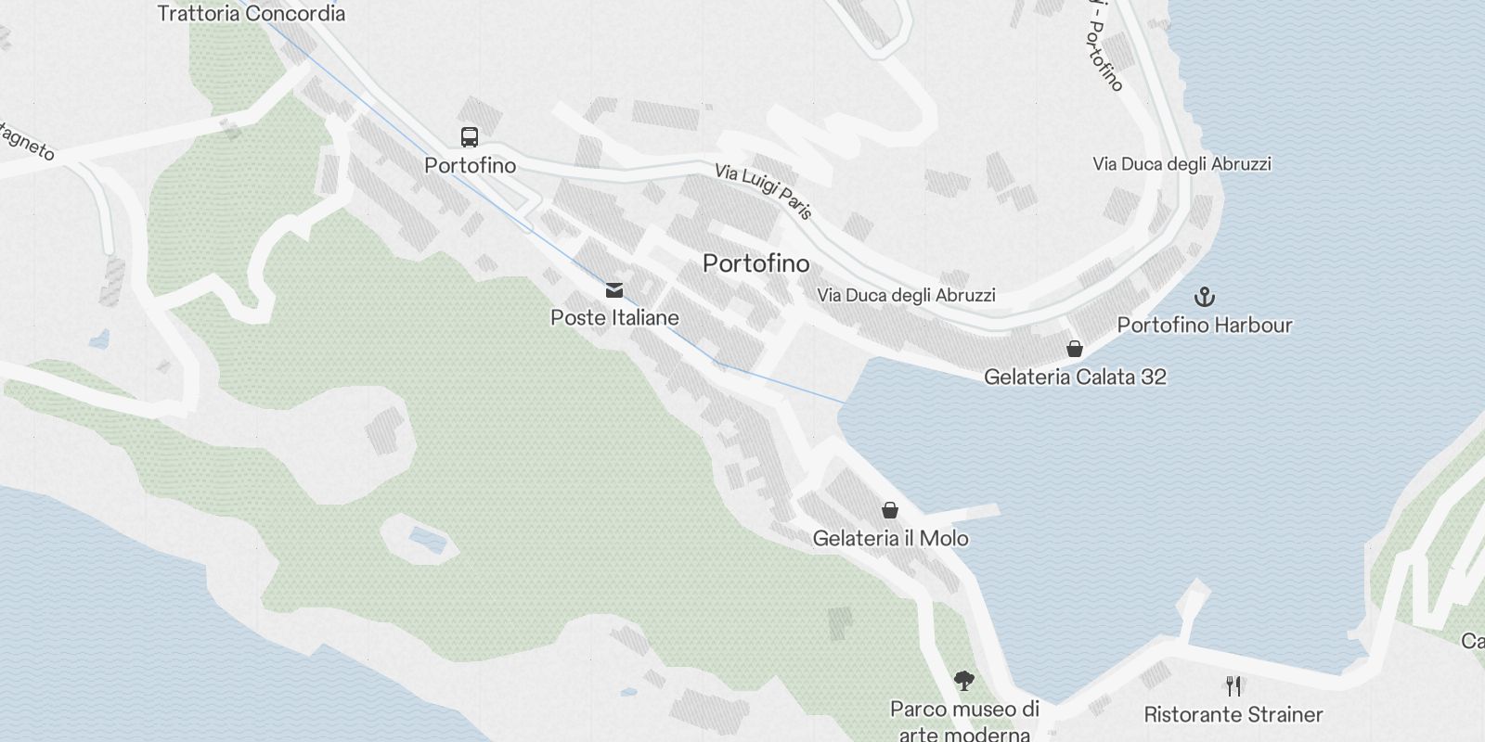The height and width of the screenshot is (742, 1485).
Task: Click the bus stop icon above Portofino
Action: coord(470,137)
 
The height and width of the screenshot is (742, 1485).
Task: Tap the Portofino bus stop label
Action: coord(470,166)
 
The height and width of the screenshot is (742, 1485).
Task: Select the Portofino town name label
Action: coord(755,263)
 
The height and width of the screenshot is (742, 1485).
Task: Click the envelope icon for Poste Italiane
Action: coord(613,290)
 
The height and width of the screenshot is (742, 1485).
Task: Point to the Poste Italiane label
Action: coord(614,317)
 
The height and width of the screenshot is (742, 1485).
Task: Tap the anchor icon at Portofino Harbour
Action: coord(1204,297)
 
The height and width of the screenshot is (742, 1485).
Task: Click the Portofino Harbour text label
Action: coord(1204,325)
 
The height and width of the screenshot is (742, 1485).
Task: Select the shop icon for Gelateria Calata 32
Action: coord(1075,349)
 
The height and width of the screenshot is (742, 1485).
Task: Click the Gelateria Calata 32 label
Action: coord(1075,377)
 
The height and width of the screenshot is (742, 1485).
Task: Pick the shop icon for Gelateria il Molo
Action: coord(890,510)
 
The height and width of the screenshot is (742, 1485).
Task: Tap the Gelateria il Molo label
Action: coord(890,538)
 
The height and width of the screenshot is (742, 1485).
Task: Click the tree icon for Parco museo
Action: coord(964,681)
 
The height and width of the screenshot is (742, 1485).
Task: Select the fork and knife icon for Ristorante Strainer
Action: coord(1233,686)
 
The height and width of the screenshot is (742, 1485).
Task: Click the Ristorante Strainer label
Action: coord(1233,714)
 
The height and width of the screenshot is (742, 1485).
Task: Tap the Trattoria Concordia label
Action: coord(251,13)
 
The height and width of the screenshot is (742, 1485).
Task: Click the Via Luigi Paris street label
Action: coord(763,192)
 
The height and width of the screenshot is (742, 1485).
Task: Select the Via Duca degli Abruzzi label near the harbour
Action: coord(906,295)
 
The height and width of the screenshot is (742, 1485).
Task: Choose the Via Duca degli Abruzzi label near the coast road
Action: coord(1182,164)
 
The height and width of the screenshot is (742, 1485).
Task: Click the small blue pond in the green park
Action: coord(424,537)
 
